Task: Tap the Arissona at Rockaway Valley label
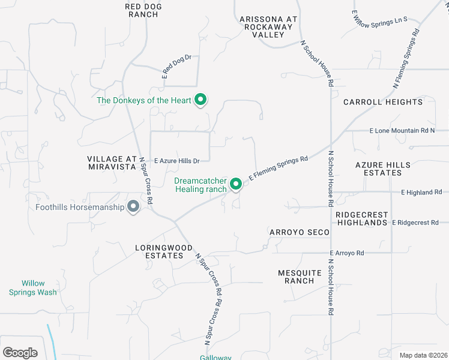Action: tap(268, 27)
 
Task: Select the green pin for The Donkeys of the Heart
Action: tap(202, 100)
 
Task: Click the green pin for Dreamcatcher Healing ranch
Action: tap(236, 184)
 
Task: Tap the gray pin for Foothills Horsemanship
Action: tap(133, 207)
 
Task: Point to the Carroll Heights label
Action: tap(383, 102)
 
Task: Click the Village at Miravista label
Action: tap(112, 163)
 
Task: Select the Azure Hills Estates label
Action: tap(383, 169)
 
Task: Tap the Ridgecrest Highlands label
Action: tap(361, 218)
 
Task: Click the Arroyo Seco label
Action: tap(300, 232)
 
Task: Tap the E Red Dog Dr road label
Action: tap(176, 67)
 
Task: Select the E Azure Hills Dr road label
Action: tap(177, 161)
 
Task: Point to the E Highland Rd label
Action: tap(421, 193)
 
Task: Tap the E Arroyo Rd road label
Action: tap(347, 253)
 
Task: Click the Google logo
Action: tap(20, 353)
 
